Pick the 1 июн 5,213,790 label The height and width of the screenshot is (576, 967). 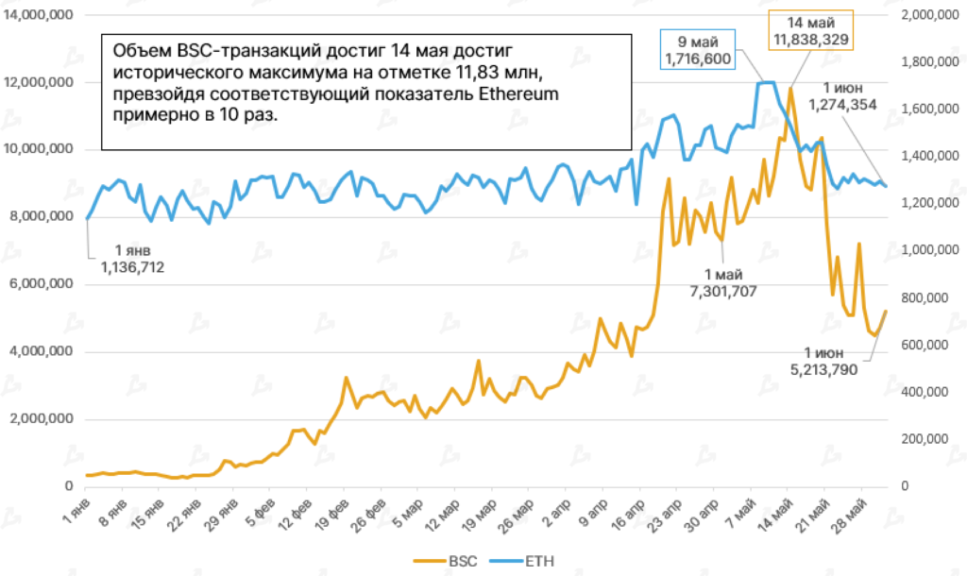823,361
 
